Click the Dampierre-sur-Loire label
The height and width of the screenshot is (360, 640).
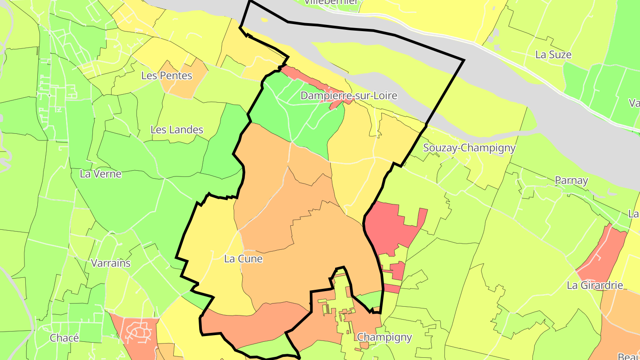349,96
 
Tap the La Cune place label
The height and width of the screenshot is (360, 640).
243,259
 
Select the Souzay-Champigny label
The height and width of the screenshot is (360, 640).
469,148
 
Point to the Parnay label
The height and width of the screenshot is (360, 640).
571,180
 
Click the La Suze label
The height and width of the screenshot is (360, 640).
553,55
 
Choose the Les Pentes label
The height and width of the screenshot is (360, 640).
167,76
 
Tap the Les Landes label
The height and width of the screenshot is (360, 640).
177,130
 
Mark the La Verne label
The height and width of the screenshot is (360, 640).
100,174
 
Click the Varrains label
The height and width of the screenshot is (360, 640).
111,263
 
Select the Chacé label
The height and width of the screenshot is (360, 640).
64,338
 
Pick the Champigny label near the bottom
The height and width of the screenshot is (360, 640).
384,337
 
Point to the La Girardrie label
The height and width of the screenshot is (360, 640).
595,285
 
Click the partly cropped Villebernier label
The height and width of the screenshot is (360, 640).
331,2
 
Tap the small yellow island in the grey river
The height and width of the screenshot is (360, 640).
264,20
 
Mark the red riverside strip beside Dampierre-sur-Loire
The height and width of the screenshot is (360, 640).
307,80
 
